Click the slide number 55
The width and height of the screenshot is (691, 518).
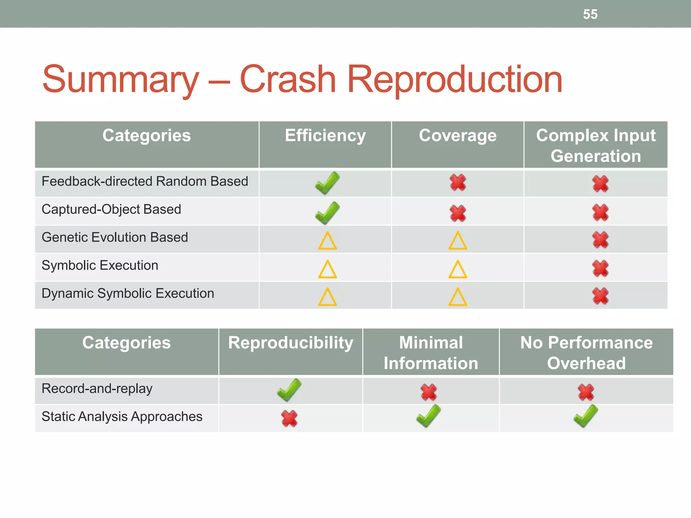point(590,15)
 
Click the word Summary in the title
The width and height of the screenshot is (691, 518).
point(120,80)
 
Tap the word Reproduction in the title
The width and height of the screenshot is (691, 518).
point(454,80)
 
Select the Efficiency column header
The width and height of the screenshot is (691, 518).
point(325,136)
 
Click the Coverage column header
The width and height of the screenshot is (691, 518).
point(458,136)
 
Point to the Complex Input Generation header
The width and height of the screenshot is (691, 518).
point(596,146)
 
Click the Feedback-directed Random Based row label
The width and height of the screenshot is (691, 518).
point(145,182)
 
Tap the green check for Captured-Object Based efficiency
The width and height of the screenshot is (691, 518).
point(327,212)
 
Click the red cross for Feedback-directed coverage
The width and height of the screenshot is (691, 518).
point(458,183)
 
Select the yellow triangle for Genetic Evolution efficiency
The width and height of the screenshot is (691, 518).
point(327,241)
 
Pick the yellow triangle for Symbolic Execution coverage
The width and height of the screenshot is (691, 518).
point(458,269)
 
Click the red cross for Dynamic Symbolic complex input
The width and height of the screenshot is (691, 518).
point(600,296)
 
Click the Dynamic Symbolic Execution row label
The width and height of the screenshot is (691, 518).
point(128,294)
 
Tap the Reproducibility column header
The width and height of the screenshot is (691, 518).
point(291,343)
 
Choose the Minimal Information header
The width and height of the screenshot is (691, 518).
point(431,353)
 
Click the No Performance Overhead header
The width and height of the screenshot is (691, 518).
point(586,353)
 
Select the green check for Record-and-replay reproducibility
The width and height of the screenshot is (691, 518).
point(289,390)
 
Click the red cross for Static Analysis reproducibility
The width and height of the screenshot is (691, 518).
point(289,419)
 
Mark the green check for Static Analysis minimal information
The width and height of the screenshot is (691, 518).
point(429,416)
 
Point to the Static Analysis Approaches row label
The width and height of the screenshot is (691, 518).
point(122,417)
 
